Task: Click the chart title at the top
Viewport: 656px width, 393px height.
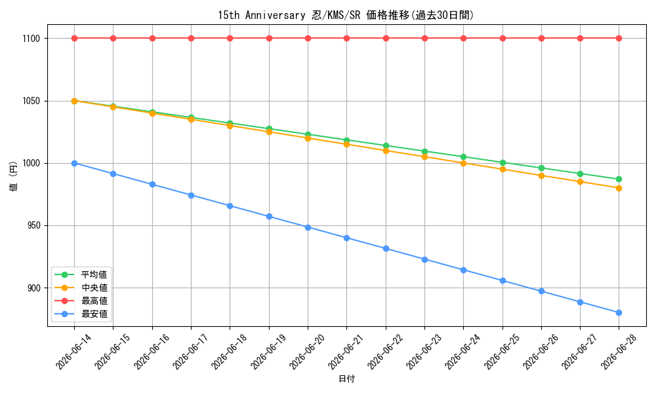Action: click(346, 16)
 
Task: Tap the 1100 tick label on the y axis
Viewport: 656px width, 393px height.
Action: click(31, 39)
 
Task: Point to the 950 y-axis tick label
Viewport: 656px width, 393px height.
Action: click(33, 225)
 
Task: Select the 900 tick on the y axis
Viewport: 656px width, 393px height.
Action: click(33, 288)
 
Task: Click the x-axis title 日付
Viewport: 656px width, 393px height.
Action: click(346, 379)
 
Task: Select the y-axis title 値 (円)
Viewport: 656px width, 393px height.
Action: click(13, 176)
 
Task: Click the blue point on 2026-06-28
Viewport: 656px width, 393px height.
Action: click(619, 313)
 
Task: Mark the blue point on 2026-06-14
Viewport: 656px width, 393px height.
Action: click(75, 163)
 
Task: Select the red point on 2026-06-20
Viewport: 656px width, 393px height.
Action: click(308, 39)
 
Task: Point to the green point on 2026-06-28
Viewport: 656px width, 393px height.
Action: click(619, 179)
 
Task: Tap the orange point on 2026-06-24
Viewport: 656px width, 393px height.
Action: click(464, 163)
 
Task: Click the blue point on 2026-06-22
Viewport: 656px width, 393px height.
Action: click(386, 248)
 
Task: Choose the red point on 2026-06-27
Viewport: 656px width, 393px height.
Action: click(581, 39)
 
